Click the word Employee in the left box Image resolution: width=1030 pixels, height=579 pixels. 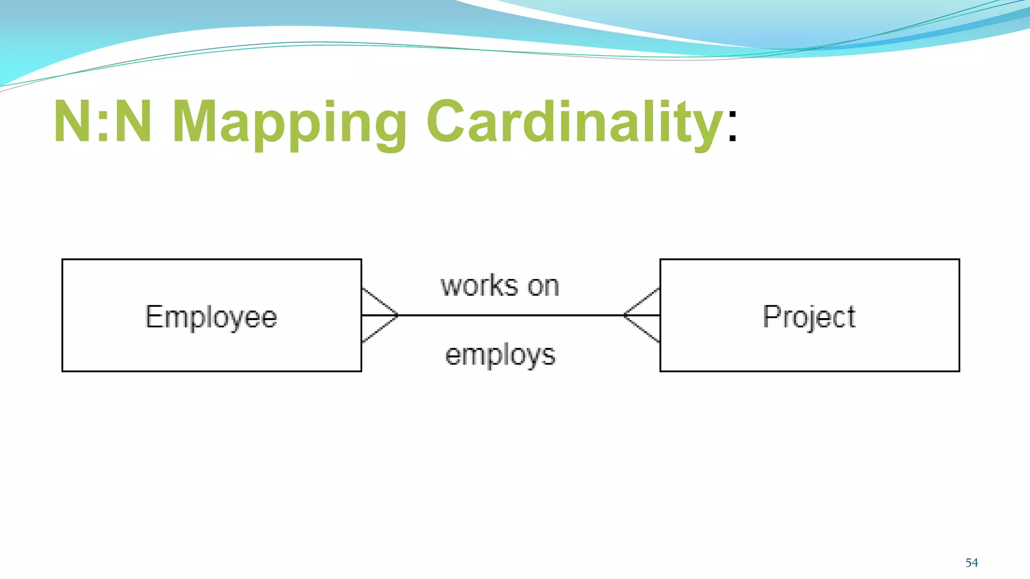[211, 317]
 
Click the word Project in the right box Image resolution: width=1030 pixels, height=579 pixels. [809, 317]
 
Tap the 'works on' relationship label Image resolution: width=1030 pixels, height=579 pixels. [500, 286]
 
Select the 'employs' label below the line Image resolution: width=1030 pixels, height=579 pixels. [500, 355]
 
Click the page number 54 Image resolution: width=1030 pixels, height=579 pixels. [972, 563]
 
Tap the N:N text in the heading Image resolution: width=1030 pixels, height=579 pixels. [103, 121]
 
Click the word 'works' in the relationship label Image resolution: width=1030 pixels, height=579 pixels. [479, 286]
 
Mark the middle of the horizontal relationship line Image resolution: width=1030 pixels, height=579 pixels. [510, 315]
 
